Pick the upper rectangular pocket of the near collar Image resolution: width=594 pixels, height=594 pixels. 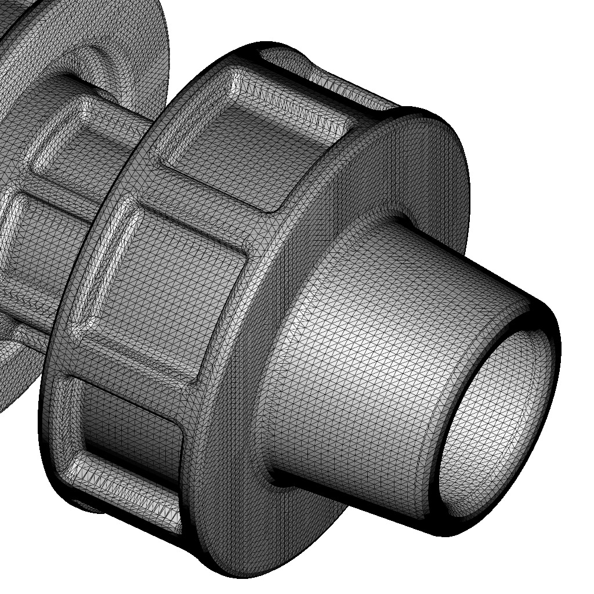point(244,151)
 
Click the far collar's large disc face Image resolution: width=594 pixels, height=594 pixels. point(139,35)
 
